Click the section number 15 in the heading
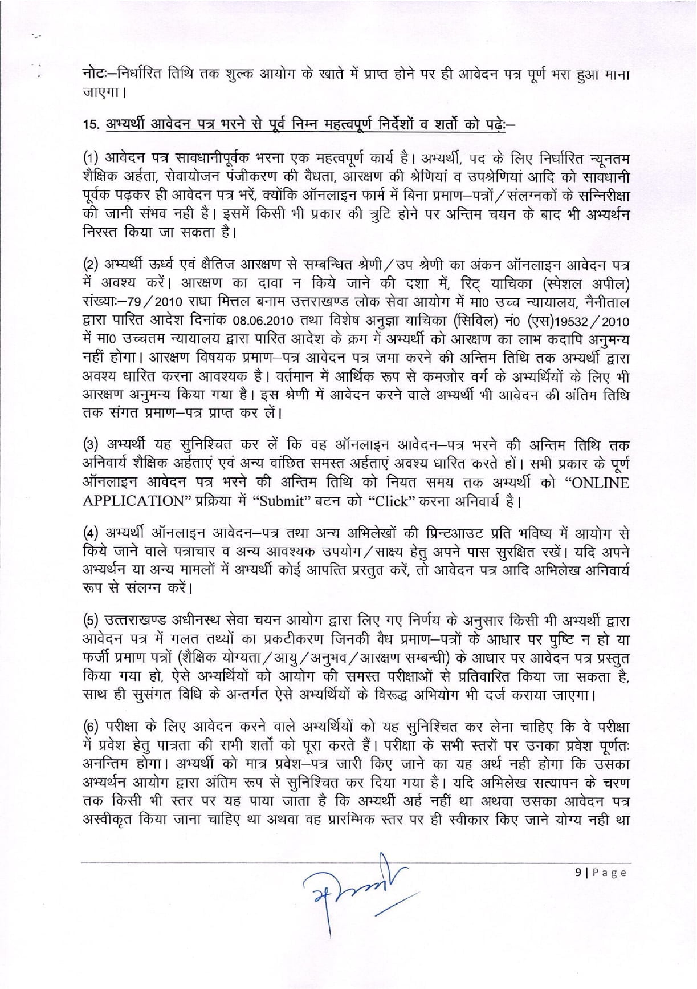pos(89,124)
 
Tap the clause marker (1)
pos(91,159)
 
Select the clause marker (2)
pos(91,265)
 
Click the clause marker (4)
pos(91,534)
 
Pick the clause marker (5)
pos(91,621)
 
